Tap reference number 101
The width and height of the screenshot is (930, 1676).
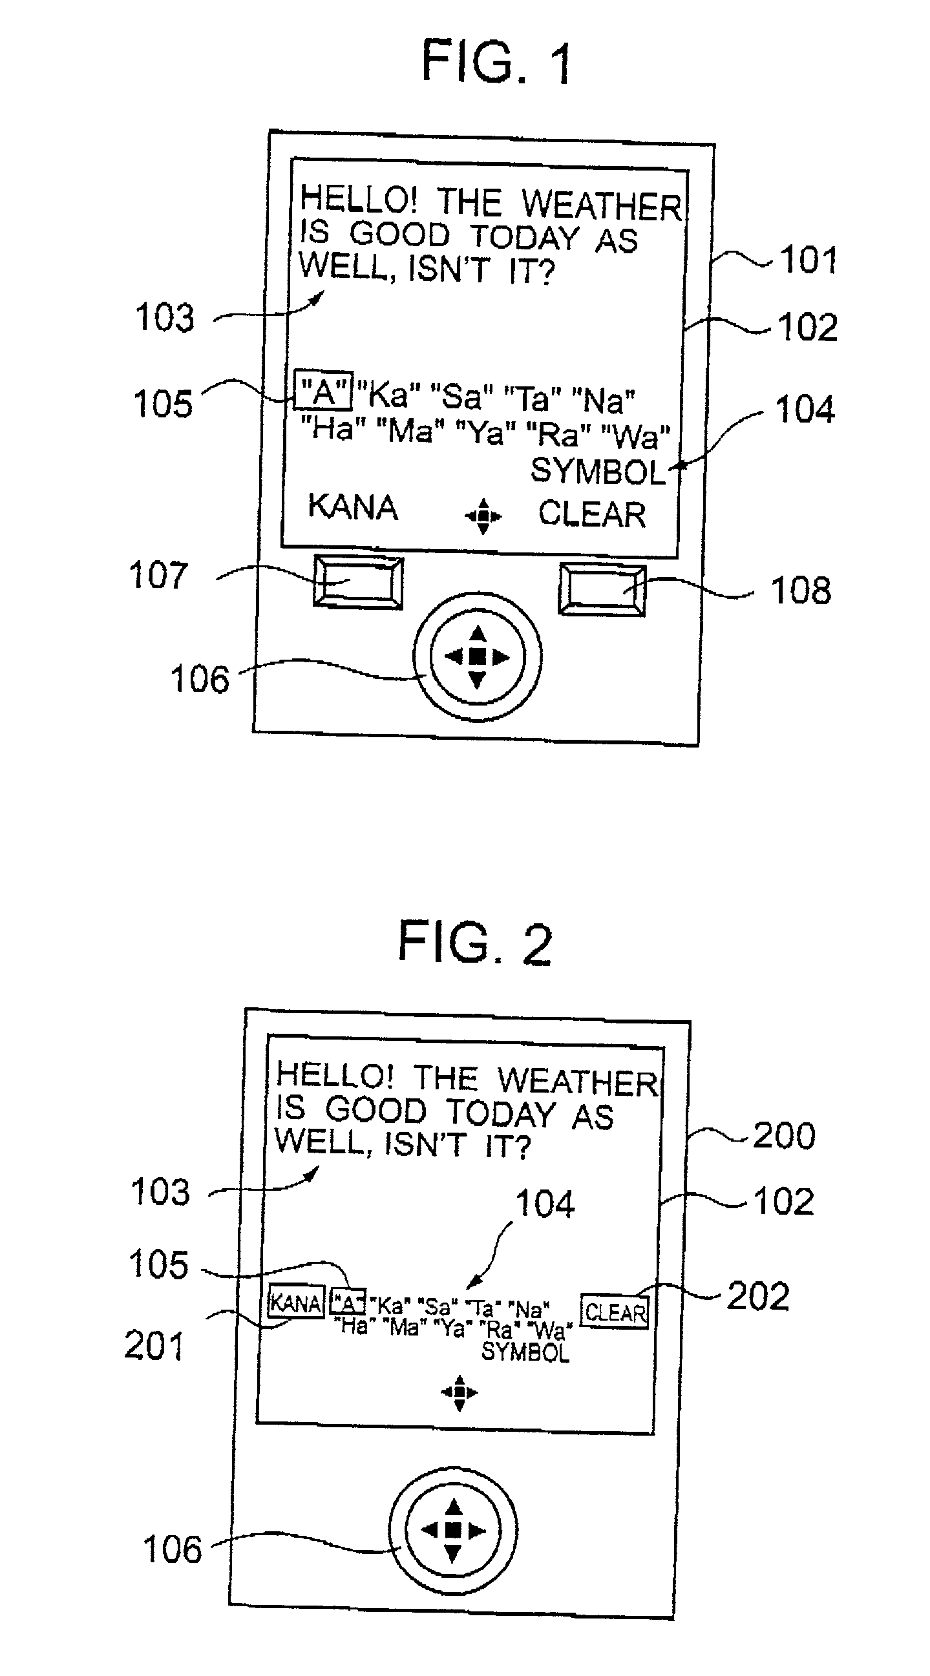(808, 260)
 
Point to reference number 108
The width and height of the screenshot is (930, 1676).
(801, 591)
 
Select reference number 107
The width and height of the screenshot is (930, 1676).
(158, 575)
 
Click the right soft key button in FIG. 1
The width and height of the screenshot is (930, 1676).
(602, 589)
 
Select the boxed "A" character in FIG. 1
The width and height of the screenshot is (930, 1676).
(323, 391)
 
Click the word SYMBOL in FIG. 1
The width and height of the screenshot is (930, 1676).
(598, 471)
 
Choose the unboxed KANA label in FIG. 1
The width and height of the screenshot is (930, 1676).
(352, 507)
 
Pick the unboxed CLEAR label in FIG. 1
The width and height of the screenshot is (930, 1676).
(591, 514)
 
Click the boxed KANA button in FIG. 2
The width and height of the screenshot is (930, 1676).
(296, 1303)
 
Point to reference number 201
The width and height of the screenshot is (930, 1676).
(154, 1346)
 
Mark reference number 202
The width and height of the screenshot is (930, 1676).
(758, 1296)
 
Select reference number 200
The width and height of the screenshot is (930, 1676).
(783, 1136)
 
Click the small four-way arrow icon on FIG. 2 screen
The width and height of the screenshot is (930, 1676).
(460, 1392)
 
